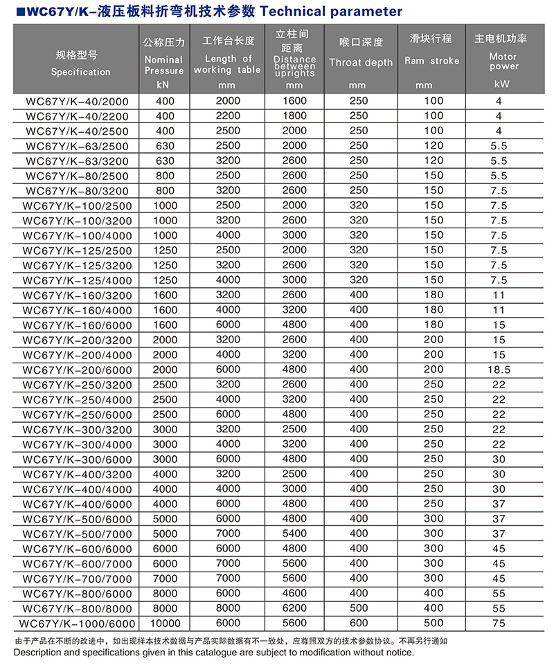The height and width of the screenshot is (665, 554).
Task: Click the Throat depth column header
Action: [x=359, y=62]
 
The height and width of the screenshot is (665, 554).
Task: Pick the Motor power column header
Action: [x=503, y=62]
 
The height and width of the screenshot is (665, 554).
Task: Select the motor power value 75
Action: [x=499, y=623]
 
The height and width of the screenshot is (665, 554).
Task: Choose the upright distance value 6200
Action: [x=294, y=608]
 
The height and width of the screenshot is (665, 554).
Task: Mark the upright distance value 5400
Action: [x=294, y=534]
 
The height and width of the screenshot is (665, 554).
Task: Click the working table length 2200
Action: [x=226, y=116]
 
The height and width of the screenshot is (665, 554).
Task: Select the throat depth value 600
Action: [x=359, y=623]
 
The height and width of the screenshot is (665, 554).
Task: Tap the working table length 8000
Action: [x=226, y=608]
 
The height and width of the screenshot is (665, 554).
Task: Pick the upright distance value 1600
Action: [x=294, y=101]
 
